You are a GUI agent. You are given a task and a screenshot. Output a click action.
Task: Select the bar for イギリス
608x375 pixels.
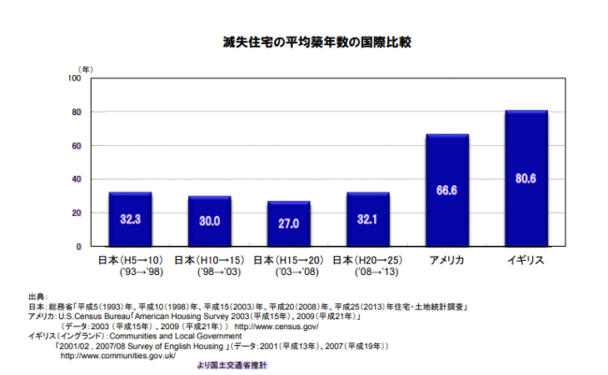pos(526,179)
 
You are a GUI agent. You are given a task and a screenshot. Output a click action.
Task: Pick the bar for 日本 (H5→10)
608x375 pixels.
pos(130,219)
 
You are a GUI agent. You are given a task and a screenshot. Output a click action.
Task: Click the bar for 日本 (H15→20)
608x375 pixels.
pos(288,224)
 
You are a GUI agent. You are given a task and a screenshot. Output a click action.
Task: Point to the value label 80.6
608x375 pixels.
pos(526,179)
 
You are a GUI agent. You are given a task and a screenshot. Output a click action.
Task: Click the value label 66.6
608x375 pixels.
pos(447,191)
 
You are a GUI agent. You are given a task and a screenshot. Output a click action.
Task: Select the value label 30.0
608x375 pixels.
pos(210,222)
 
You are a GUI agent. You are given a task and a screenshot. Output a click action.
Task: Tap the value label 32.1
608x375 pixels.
pos(368,221)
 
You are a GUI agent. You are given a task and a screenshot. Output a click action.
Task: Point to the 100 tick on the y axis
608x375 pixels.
pos(73,79)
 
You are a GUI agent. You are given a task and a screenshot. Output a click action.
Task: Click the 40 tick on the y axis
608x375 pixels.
pos(76,180)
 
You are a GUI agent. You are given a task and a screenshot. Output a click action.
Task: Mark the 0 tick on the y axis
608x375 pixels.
pos(79,247)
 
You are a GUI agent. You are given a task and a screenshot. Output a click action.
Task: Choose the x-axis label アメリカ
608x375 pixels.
pos(447,259)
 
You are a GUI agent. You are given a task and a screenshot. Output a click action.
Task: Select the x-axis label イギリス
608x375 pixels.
pos(526,259)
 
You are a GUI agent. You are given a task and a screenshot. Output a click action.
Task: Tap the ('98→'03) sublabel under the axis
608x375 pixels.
pos(210,273)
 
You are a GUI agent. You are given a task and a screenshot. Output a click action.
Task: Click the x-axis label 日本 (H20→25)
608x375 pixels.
pos(368,259)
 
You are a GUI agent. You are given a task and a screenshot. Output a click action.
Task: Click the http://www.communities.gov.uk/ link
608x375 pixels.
pos(118,355)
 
